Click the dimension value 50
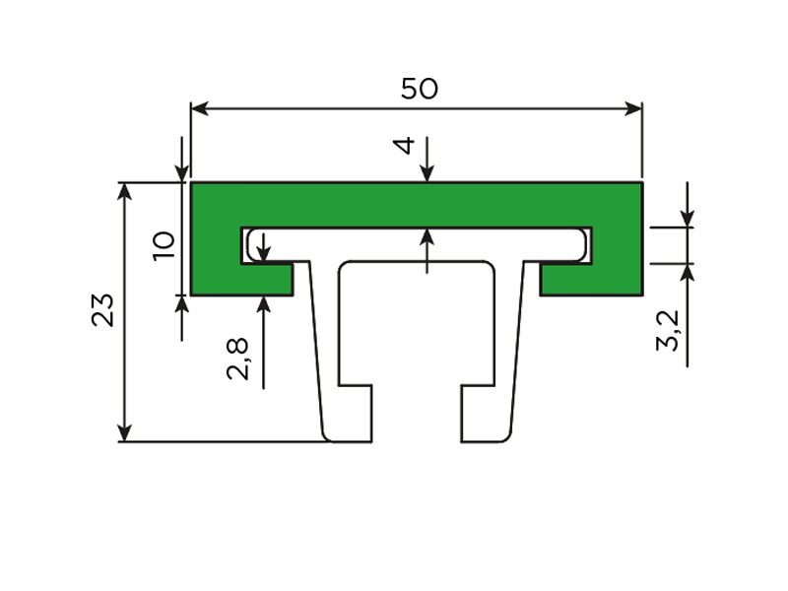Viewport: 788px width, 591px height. (420, 89)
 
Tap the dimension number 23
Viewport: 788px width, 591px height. (103, 310)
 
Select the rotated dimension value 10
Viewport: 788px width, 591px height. (164, 245)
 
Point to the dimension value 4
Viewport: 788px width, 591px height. (404, 145)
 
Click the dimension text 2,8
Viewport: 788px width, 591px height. (237, 359)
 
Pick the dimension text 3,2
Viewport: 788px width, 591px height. (669, 330)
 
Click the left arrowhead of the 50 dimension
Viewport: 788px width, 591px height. (200, 108)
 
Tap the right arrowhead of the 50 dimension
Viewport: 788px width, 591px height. (633, 108)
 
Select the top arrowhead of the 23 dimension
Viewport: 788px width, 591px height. (124, 191)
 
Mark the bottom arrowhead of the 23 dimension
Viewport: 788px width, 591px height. (124, 433)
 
